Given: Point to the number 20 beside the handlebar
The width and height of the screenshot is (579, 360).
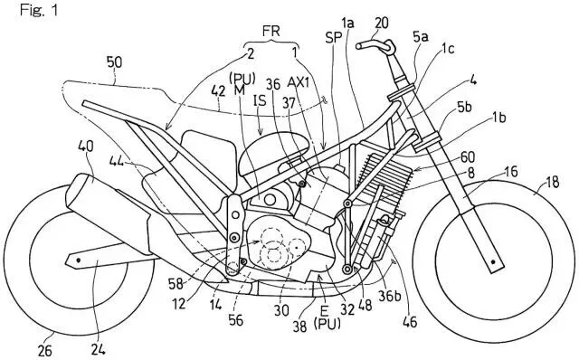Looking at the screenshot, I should [383, 20].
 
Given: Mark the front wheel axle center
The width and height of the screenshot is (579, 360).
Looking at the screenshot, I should [494, 261].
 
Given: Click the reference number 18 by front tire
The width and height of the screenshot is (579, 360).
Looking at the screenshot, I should [551, 185].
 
